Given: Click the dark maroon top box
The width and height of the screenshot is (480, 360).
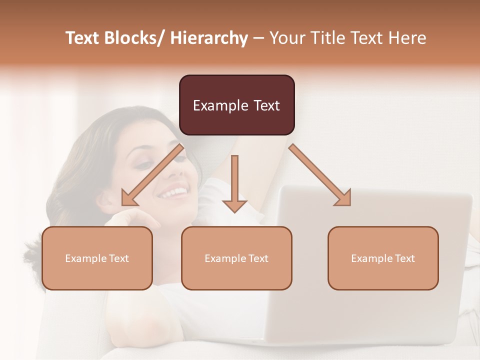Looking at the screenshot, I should click(x=236, y=105).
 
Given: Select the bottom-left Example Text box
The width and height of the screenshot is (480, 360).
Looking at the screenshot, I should click(x=97, y=258).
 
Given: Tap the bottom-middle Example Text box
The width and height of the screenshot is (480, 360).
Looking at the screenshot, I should click(x=236, y=258).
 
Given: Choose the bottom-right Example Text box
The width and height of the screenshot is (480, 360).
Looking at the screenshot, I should click(x=383, y=258).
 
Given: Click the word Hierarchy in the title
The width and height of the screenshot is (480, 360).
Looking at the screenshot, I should click(x=209, y=38).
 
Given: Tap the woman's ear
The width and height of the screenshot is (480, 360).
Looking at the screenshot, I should click(x=106, y=201).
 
